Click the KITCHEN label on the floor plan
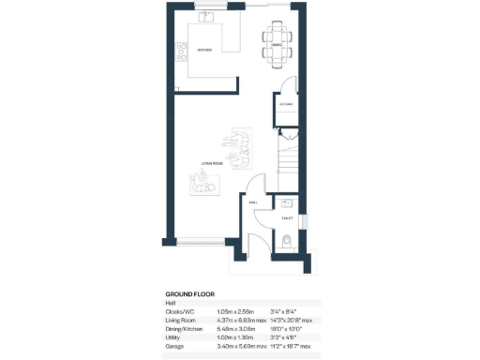pyautogui.click(x=202, y=50)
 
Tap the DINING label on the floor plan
pyautogui.click(x=277, y=44)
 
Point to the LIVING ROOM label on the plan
pyautogui.click(x=211, y=163)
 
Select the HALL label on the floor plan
pyautogui.click(x=253, y=202)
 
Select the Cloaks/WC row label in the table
pyautogui.click(x=181, y=311)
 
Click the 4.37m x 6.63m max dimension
pyautogui.click(x=242, y=320)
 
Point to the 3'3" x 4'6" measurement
pyautogui.click(x=281, y=337)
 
